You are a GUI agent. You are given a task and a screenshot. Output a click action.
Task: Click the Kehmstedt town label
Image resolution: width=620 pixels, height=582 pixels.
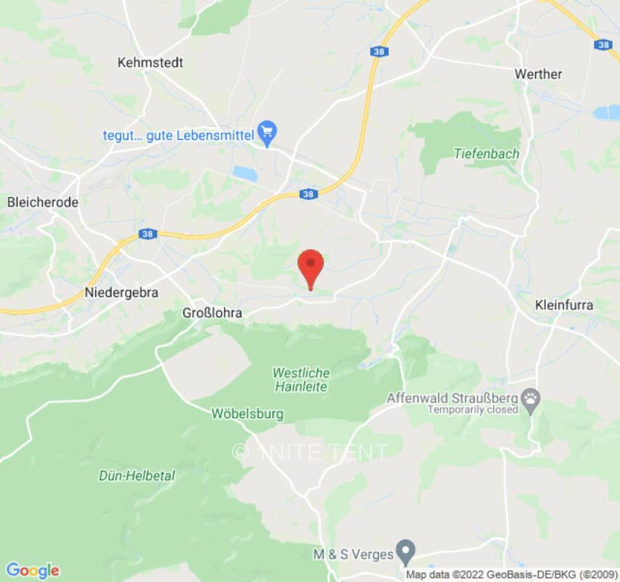coord(150,63)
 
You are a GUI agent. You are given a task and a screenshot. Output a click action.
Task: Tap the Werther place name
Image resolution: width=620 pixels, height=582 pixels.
coord(538,74)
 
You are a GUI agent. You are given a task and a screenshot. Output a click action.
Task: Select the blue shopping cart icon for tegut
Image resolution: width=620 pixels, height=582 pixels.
coord(268,132)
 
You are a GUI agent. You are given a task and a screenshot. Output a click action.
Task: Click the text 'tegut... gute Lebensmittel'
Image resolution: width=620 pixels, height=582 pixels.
coord(177,135)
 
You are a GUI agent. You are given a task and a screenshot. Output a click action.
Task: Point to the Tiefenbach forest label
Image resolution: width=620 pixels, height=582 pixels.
coord(487,154)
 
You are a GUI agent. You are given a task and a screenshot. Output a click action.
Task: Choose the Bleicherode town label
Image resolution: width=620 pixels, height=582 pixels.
coord(42,202)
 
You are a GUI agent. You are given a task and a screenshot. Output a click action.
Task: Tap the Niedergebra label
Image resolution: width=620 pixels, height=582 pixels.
coord(121,292)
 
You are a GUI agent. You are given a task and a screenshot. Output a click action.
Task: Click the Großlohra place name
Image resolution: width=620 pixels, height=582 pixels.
coord(212,313)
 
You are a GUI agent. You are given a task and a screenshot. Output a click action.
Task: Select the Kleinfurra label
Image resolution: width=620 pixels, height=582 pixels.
coord(564,305)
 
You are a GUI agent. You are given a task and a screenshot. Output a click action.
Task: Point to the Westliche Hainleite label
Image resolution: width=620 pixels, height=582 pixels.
coord(301,380)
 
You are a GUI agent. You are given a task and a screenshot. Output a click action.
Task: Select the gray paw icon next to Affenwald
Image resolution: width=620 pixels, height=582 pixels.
coord(533,399)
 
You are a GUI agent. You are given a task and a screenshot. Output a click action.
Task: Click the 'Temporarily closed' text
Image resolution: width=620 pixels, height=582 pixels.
coord(472,410)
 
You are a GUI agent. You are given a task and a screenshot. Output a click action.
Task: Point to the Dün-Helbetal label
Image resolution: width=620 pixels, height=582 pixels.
coord(137,476)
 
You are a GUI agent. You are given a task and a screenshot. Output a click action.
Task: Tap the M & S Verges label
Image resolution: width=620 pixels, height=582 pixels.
coord(353,554)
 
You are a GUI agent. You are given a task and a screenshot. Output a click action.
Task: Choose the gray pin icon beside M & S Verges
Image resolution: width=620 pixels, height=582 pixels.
coord(406,550)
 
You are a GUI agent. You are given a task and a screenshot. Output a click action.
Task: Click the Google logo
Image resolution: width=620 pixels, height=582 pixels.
coord(32,570)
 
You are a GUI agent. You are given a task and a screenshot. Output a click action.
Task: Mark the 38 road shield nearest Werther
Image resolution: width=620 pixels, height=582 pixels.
coord(603,44)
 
